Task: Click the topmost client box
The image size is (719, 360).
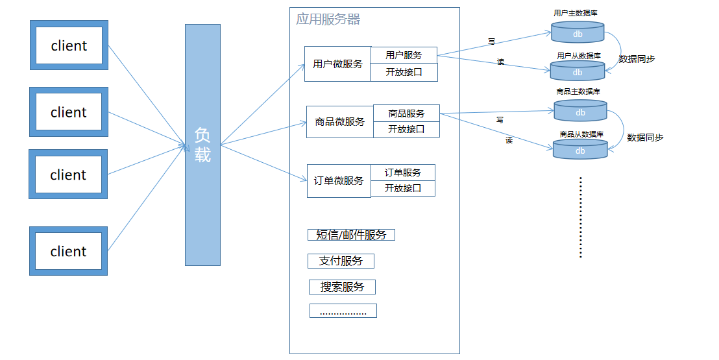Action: [x=69, y=45]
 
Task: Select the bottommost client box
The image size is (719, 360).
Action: [x=68, y=251]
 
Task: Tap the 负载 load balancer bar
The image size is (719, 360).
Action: [x=202, y=145]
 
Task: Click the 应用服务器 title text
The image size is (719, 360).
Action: [x=328, y=19]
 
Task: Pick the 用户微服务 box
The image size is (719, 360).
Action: [x=337, y=64]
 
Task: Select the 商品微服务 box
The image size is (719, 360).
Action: [x=339, y=122]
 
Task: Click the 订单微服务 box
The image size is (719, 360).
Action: [x=339, y=181]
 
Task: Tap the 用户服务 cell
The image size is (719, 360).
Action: [x=404, y=55]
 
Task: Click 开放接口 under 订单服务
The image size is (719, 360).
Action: [x=403, y=188]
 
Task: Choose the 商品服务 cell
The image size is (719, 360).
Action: [x=406, y=113]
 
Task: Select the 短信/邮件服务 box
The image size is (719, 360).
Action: [x=351, y=235]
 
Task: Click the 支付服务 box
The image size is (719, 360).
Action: [x=341, y=261]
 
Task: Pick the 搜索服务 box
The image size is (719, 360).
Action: [x=342, y=287]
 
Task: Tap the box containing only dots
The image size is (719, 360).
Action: [x=343, y=311]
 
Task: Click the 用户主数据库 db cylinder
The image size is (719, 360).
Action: [x=578, y=32]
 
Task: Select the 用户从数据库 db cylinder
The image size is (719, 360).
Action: [x=578, y=71]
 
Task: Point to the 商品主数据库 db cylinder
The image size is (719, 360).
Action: [x=580, y=111]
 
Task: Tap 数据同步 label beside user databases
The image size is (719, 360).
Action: [x=637, y=59]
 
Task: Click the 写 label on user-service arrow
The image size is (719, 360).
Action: [x=491, y=42]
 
